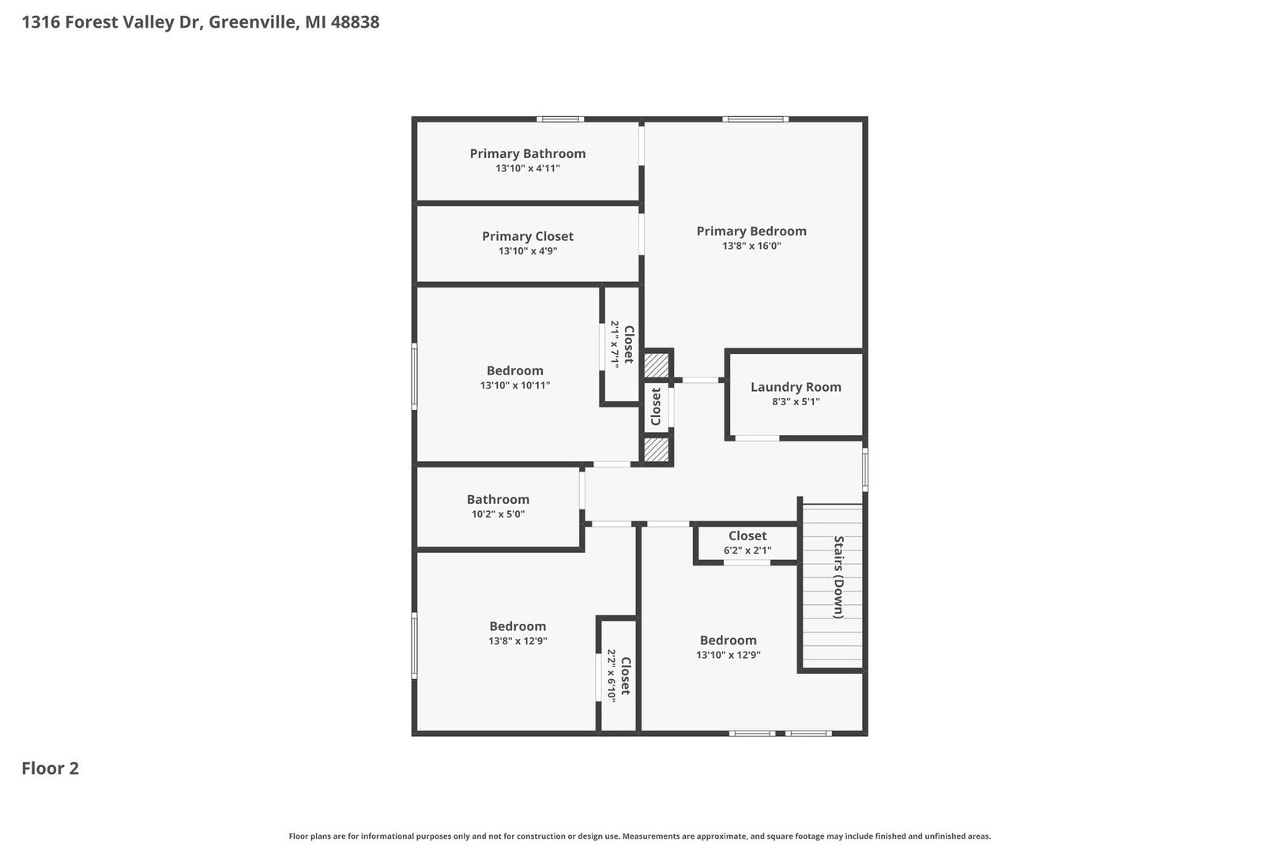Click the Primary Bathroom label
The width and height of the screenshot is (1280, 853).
point(528,153)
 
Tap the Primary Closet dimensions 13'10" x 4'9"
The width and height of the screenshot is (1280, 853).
point(528,251)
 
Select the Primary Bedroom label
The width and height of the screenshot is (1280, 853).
point(751,231)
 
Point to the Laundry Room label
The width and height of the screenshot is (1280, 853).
point(796,387)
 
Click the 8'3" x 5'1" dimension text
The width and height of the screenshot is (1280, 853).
point(796,401)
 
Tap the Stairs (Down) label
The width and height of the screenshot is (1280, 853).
point(838,577)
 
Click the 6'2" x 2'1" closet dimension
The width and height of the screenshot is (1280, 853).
point(747,551)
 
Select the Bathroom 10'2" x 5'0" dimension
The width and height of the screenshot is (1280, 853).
point(498,513)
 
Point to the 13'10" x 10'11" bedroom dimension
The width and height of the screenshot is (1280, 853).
point(515,385)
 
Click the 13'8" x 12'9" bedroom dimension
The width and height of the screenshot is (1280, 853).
point(518,641)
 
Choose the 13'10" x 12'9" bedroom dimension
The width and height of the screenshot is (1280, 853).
point(728,655)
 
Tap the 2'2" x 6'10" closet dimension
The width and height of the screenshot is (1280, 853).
point(612,675)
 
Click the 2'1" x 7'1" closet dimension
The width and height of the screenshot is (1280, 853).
point(615,344)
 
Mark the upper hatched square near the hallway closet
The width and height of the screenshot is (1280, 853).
point(657,365)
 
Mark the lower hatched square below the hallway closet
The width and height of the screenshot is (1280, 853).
point(657,449)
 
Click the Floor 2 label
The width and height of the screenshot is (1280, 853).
point(51,768)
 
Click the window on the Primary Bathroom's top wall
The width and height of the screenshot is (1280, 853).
point(560,119)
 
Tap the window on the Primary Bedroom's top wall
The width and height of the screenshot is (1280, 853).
point(755,119)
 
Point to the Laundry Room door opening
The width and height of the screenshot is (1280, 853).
point(757,438)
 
